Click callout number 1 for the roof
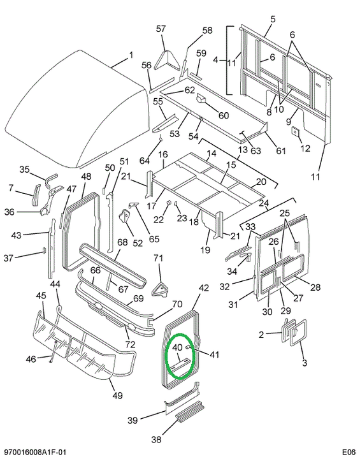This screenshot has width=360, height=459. coord(131,55)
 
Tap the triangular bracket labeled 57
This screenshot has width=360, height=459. coord(166,61)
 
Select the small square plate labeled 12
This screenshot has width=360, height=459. coord(296,131)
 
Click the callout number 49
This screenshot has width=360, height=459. coord(117,395)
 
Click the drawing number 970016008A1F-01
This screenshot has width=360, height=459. coord(32,452)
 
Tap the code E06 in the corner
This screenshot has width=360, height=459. coord(349,452)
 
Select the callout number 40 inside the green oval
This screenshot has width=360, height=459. coord(178,347)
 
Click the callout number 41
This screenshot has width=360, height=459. coord(214,354)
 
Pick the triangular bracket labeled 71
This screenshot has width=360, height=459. coord(159,289)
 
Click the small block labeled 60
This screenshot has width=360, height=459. coord(201,99)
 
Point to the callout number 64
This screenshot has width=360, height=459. coord(144,161)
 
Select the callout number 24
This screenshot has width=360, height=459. coord(263,203)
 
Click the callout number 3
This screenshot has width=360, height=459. coord(305,363)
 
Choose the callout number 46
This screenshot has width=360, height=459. coord(31,359)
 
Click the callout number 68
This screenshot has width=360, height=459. coord(122,242)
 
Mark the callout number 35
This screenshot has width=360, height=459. coord(25,169)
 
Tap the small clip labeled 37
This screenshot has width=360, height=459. coord(44,250)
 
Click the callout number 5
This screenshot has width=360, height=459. coord(273,19)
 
